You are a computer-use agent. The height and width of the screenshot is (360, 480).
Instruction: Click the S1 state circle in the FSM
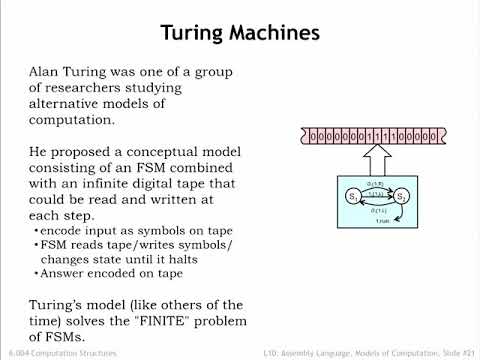(x=354, y=196)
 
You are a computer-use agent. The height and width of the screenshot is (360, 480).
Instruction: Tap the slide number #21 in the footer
(x=464, y=353)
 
